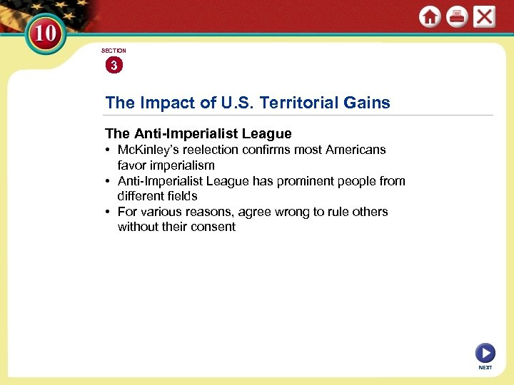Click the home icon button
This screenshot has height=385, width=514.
[x=430, y=17]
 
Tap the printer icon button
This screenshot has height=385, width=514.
[x=457, y=17]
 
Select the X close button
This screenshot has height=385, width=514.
[x=484, y=17]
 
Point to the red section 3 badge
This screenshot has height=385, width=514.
[x=114, y=66]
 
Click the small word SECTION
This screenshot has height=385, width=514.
[x=114, y=51]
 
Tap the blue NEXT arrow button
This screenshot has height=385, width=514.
[x=485, y=352]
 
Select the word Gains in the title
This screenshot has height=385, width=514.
[x=367, y=103]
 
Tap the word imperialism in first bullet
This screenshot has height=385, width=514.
[x=178, y=165]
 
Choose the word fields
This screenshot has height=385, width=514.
[x=181, y=196]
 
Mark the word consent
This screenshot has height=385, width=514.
[x=212, y=227]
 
